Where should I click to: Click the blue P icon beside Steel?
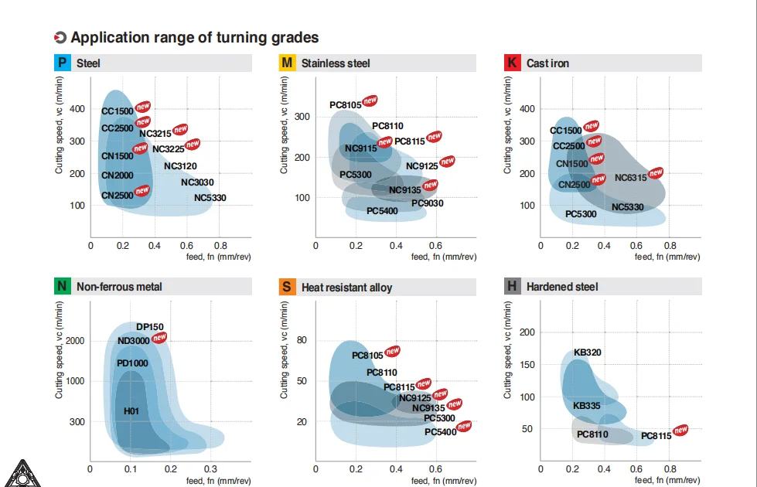point(63,63)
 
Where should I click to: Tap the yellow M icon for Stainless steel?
point(287,63)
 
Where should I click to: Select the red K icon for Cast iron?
point(512,63)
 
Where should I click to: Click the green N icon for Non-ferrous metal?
point(63,286)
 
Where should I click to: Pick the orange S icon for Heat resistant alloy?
point(287,287)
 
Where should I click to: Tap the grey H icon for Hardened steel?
point(512,286)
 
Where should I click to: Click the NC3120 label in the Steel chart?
point(180,166)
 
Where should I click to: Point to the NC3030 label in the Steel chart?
point(197,182)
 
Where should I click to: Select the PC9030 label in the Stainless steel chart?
point(428,203)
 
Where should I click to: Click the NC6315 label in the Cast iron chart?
point(630,178)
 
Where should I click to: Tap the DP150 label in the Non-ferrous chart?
point(150,327)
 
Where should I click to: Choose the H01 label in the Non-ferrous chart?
point(131,411)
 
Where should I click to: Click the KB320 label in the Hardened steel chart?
point(588,352)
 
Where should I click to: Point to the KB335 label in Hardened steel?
point(587,406)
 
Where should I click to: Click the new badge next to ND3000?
point(159,337)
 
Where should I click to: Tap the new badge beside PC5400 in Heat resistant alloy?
point(464,426)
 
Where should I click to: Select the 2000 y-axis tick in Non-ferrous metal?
point(75,341)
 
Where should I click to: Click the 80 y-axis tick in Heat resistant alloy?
point(302,340)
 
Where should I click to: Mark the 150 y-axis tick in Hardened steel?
point(527,364)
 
